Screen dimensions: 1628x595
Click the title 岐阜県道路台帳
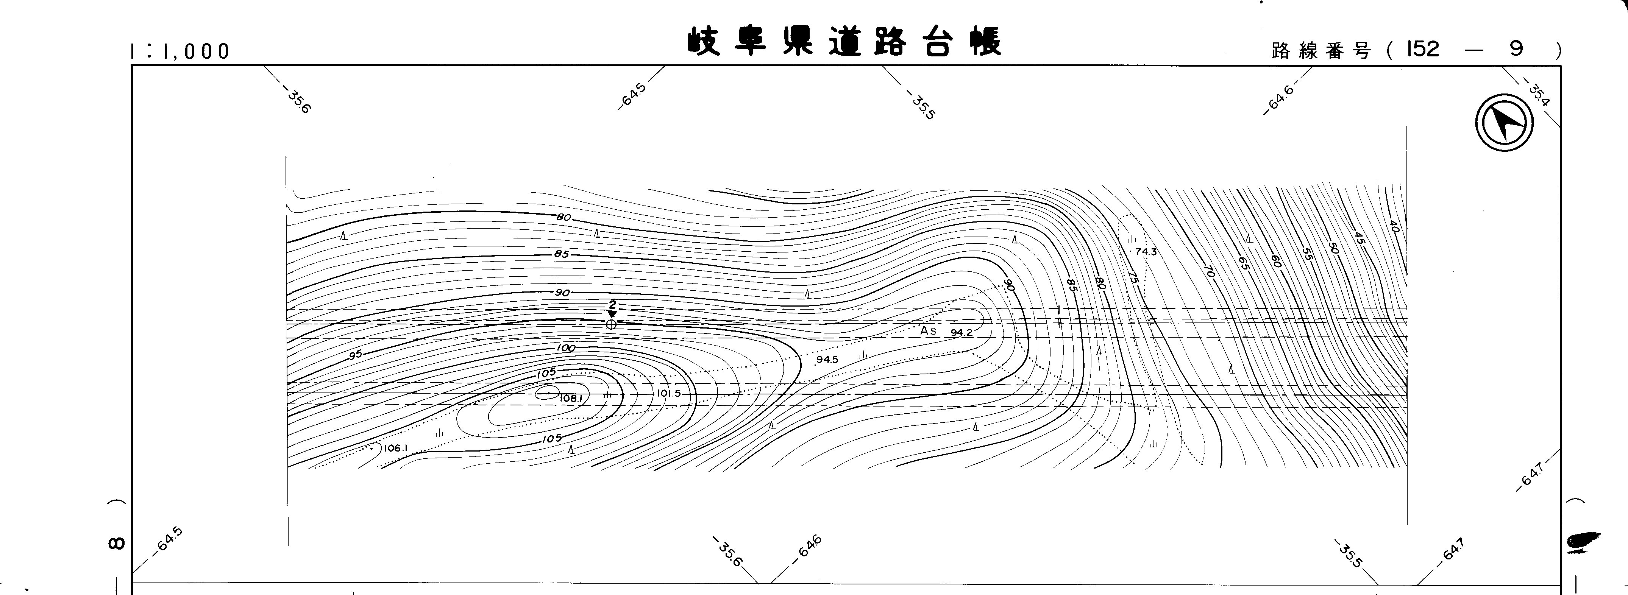point(844,42)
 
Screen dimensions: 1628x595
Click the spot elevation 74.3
point(1145,251)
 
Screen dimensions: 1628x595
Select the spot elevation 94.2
point(961,332)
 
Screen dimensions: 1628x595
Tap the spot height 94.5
point(827,360)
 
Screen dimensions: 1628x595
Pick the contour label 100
point(566,348)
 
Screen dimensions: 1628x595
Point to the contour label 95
point(356,354)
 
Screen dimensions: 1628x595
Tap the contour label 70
point(1209,272)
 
